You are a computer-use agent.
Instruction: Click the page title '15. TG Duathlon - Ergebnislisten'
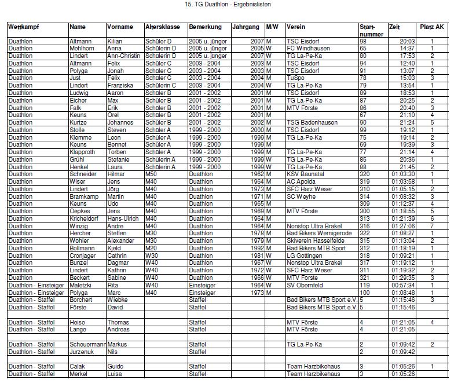click(227, 4)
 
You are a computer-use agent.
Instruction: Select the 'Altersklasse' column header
click(163, 27)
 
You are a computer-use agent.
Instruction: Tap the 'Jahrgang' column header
click(246, 27)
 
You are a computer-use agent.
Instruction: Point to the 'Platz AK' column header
click(432, 27)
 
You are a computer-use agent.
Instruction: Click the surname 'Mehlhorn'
click(82, 49)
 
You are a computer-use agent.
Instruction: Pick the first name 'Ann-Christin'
click(124, 56)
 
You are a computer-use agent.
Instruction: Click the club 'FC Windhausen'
click(308, 49)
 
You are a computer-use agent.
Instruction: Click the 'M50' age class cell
click(151, 174)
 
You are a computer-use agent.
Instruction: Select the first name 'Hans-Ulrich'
click(123, 219)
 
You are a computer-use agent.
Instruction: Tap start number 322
click(364, 234)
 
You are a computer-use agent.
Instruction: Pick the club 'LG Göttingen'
click(304, 256)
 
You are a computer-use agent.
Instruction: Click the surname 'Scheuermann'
click(87, 345)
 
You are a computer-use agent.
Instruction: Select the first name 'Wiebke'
click(118, 300)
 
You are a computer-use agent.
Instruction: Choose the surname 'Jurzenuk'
click(82, 352)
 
